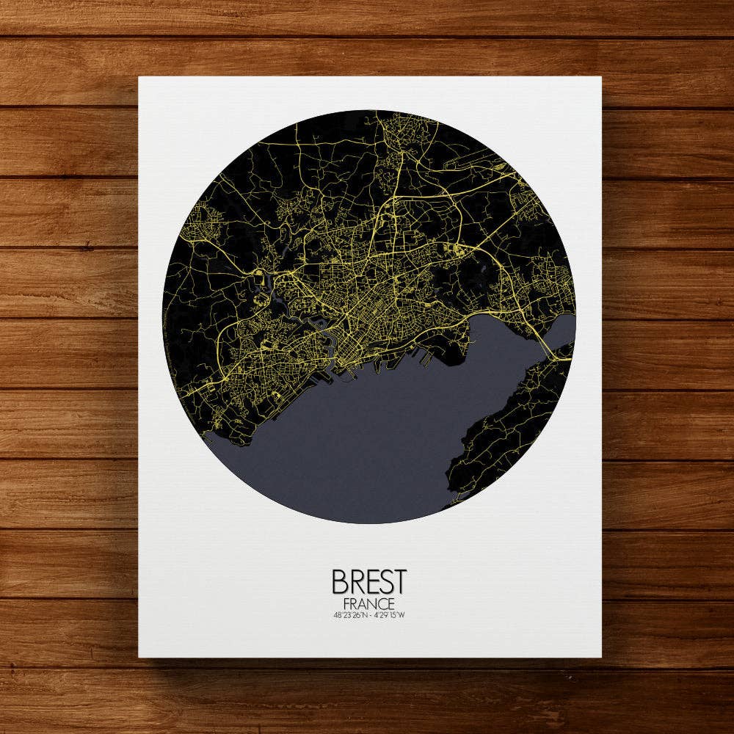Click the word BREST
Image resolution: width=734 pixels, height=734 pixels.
368,581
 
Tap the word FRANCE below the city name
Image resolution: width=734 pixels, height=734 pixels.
368,603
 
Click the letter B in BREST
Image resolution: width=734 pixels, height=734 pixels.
340,581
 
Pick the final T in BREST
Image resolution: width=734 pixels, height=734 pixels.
398,581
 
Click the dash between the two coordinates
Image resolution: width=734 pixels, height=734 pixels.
368,615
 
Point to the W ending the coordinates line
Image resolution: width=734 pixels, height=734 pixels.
401,615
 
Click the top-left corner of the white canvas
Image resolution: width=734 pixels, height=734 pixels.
139,77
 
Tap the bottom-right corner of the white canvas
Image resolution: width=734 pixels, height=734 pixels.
600,656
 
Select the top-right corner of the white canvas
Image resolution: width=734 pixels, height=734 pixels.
600,77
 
